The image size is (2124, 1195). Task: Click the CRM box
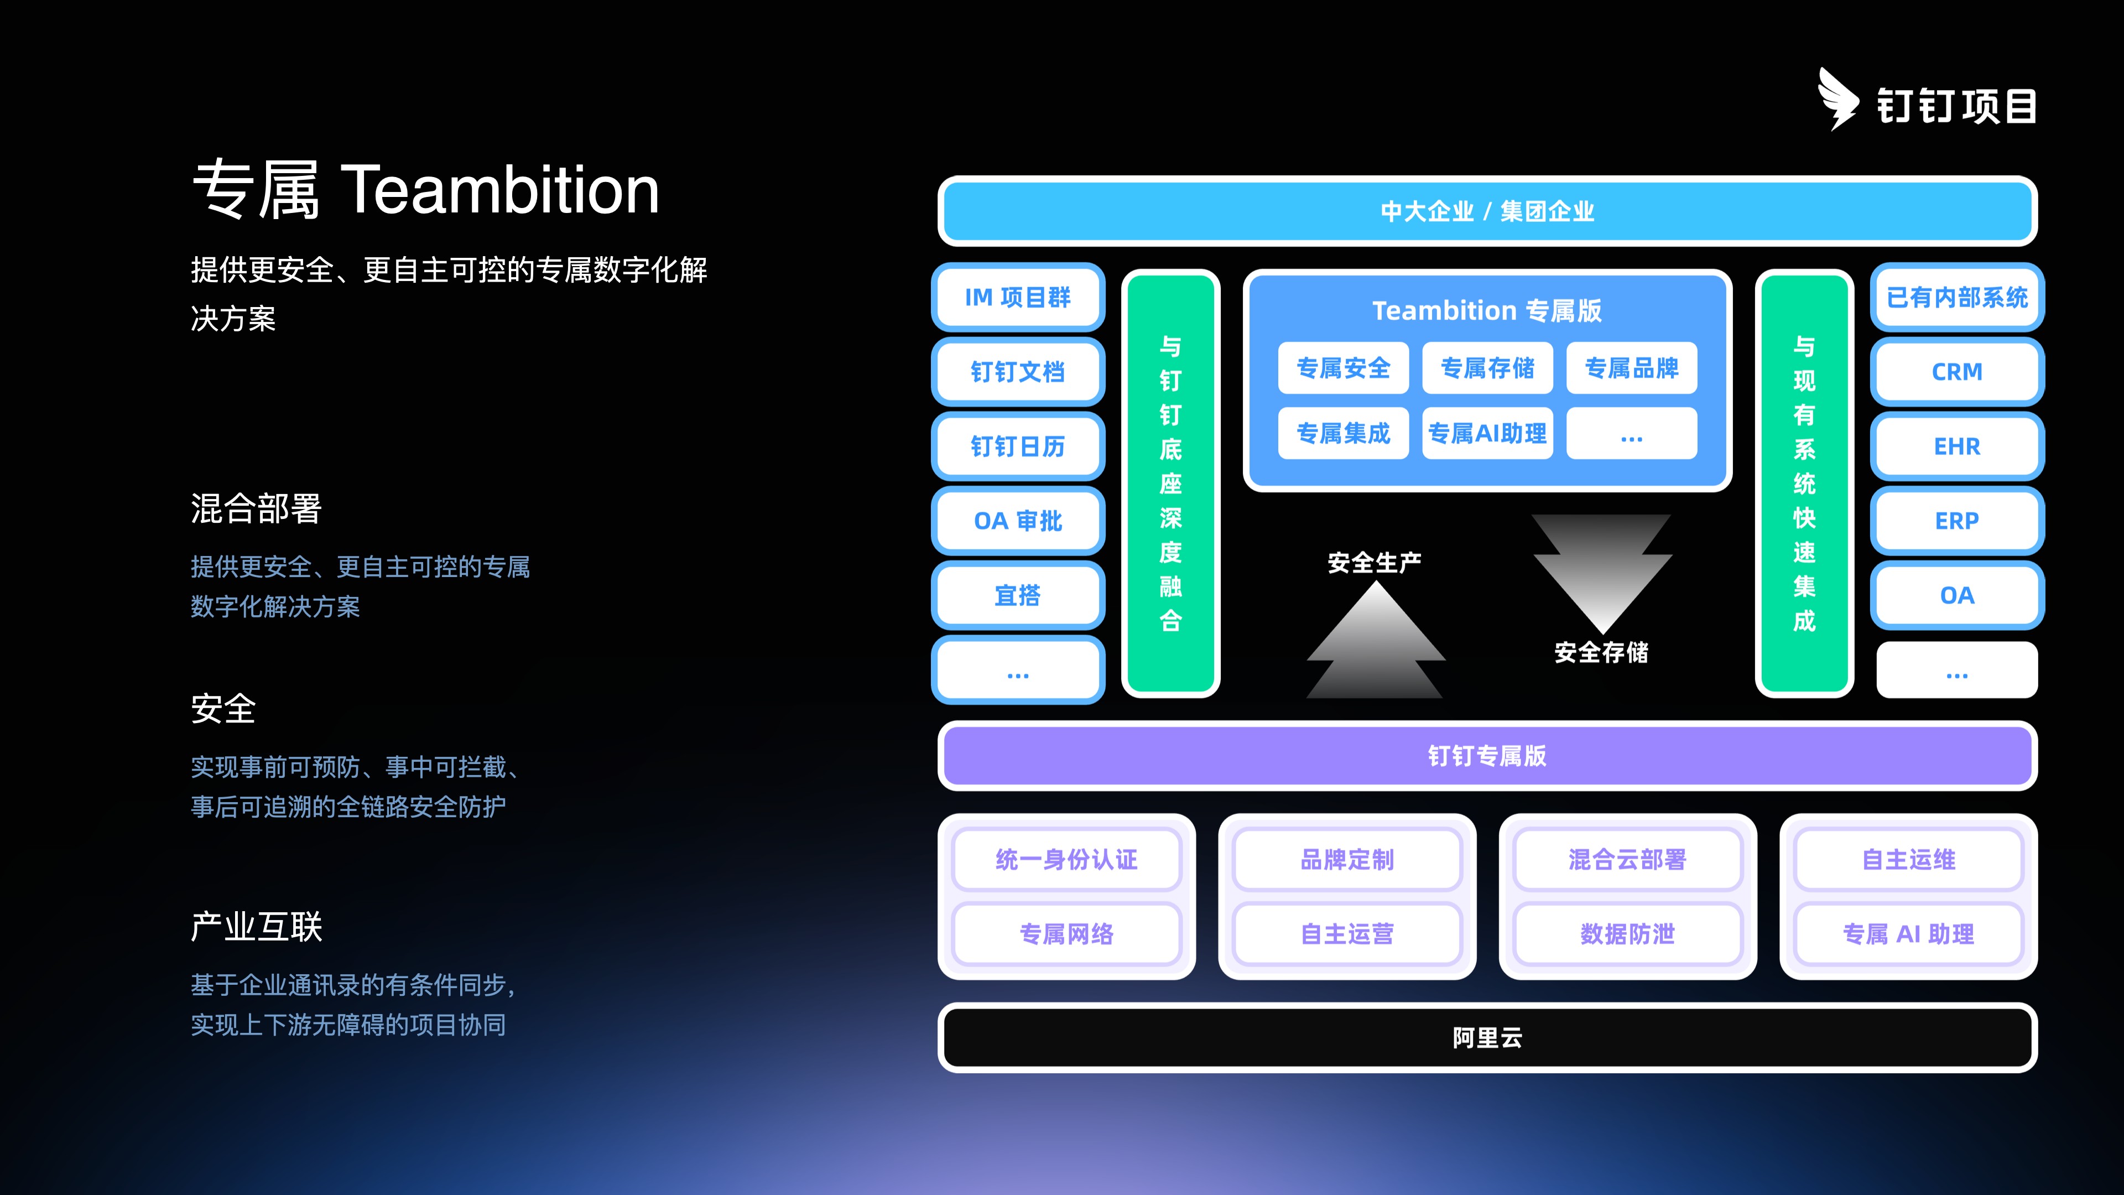(x=1956, y=372)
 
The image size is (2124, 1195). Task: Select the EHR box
(x=1956, y=446)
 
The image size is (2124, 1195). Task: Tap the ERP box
(x=1956, y=521)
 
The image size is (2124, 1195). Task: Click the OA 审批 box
(x=1018, y=521)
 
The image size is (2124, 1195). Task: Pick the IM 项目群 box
(x=1018, y=297)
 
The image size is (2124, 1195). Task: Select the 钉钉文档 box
(x=1018, y=372)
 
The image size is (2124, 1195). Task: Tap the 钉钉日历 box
(x=1018, y=446)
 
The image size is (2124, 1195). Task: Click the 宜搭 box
(x=1018, y=595)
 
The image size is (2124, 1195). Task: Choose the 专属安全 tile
(x=1343, y=368)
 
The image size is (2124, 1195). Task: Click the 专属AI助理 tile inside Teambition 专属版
(x=1487, y=433)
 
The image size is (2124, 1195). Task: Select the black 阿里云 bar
(x=1487, y=1037)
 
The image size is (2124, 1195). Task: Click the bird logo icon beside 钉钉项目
(x=1838, y=99)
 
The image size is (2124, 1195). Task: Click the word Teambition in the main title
(x=499, y=190)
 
